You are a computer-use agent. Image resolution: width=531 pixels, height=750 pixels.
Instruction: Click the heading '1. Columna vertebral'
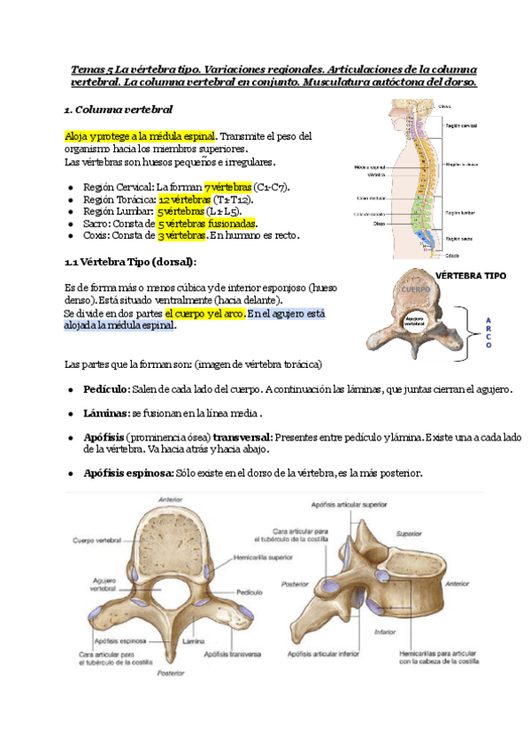click(x=119, y=110)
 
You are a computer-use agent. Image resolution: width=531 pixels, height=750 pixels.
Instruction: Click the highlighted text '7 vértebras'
click(x=227, y=187)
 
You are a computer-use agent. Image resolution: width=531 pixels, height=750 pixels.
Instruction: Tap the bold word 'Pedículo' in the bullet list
click(x=106, y=389)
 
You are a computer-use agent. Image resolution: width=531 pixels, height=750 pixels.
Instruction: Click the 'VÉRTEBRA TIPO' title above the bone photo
click(x=471, y=276)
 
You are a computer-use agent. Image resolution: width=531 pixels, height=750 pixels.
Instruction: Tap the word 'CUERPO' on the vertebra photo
click(x=415, y=289)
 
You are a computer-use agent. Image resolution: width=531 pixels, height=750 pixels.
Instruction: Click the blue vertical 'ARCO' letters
click(x=488, y=333)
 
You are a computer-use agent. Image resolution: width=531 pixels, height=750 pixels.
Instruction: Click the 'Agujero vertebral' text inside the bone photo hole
click(x=415, y=321)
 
